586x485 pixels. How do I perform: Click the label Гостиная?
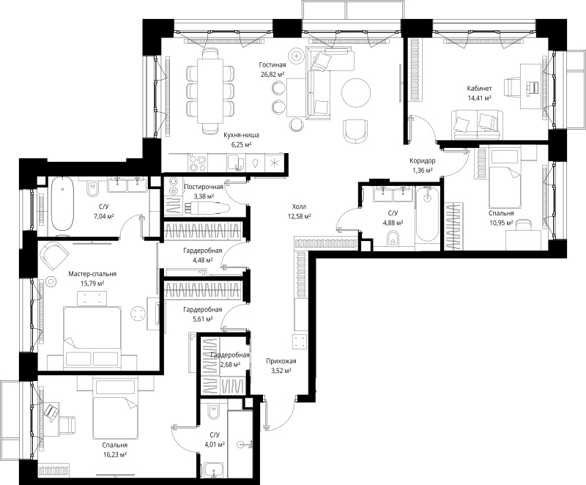pos(272,65)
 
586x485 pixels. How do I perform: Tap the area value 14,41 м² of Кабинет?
pos(479,98)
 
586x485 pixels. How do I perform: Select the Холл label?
pos(299,207)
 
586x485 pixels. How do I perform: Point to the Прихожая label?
pos(281,361)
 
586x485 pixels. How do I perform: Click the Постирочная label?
pos(204,186)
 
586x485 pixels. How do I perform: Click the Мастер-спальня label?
pos(92,274)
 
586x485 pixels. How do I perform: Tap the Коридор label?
pos(423,161)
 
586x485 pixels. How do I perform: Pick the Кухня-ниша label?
pos(241,136)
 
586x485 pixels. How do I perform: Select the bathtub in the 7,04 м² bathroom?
pos(62,204)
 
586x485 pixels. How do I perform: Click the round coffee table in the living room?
pos(356,92)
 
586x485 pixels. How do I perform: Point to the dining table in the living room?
pos(210,91)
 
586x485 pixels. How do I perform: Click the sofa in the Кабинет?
pos(475,125)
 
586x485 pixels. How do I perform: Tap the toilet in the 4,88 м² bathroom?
pos(393,237)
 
